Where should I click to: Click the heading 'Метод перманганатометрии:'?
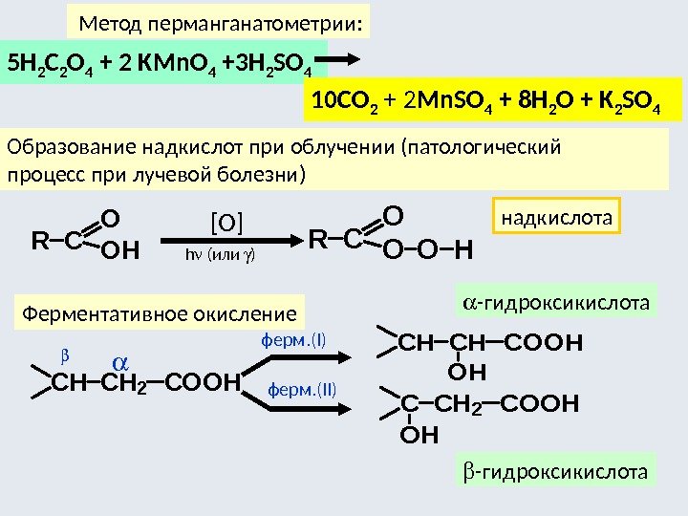coord(220,22)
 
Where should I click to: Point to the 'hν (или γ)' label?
coord(224,255)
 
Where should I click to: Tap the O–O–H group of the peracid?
coord(427,251)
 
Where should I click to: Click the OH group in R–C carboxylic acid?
coord(119,251)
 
